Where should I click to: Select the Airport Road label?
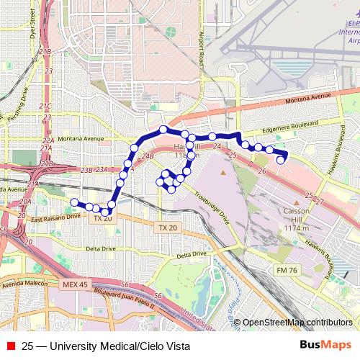click(x=202, y=36)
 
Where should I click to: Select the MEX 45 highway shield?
click(x=74, y=285)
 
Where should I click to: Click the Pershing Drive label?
click(x=15, y=105)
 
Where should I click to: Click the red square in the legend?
click(x=10, y=346)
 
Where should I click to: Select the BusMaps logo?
click(x=325, y=346)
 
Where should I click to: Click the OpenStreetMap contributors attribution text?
click(x=297, y=322)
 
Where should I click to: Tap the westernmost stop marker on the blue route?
click(x=74, y=202)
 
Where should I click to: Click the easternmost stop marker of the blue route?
click(x=281, y=160)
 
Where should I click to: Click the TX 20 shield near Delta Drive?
click(x=166, y=228)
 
